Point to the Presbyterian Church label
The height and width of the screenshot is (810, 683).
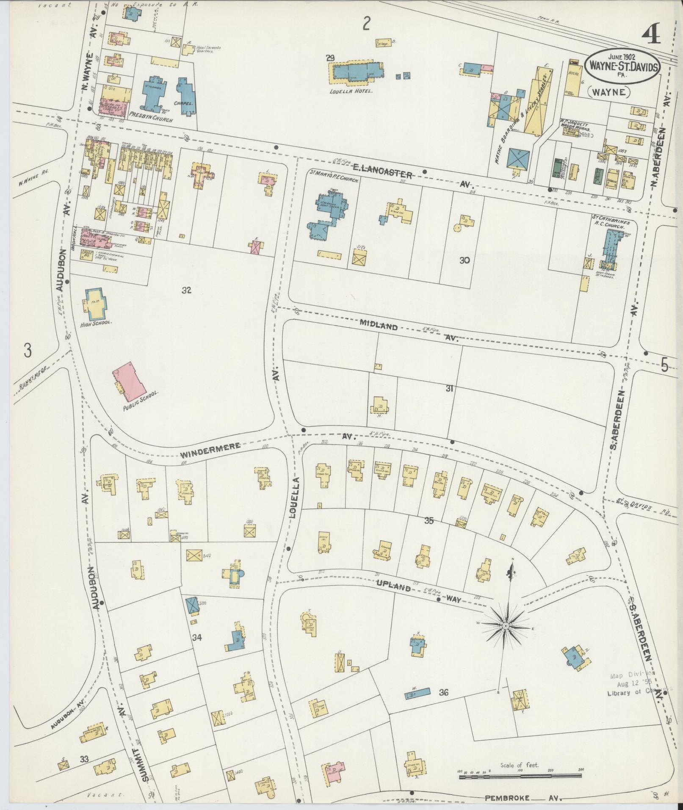click(150, 120)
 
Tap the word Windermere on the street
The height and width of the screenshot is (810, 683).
click(210, 451)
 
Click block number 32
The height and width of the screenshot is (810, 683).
click(187, 290)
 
